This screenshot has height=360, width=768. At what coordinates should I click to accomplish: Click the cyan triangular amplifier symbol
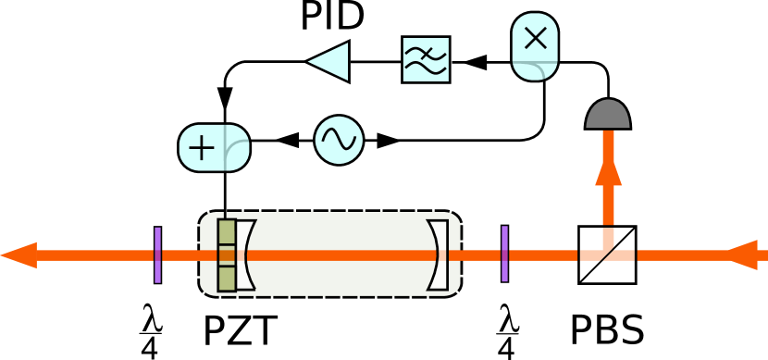(x=330, y=61)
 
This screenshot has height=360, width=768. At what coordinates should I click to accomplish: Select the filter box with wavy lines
(x=426, y=59)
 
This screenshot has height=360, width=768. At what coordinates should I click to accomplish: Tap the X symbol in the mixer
(x=535, y=38)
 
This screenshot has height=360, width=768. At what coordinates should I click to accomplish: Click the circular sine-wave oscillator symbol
(x=339, y=140)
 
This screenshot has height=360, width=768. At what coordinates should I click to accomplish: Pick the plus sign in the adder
(x=201, y=148)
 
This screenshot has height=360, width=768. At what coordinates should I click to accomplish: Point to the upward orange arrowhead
(x=608, y=170)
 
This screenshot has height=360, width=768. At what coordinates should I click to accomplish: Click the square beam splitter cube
(x=607, y=254)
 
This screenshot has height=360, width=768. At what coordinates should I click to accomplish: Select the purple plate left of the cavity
(x=157, y=254)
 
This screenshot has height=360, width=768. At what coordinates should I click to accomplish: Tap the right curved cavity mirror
(x=439, y=254)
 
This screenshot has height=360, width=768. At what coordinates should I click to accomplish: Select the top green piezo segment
(x=227, y=231)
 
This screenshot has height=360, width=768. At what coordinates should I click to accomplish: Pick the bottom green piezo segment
(x=227, y=279)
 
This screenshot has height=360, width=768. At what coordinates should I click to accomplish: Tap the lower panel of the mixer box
(x=535, y=70)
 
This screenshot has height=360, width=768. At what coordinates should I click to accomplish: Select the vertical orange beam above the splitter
(x=608, y=204)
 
